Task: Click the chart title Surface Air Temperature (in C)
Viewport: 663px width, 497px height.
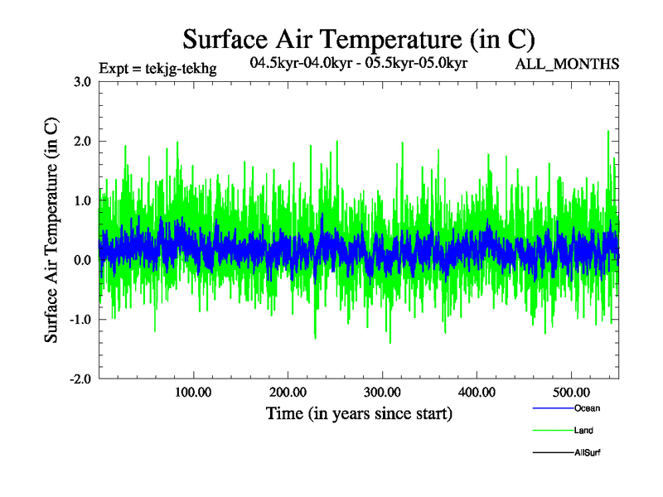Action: (x=358, y=39)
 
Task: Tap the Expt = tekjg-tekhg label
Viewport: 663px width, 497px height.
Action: (x=157, y=69)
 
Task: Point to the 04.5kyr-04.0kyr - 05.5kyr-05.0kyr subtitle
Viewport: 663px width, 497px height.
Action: (x=358, y=63)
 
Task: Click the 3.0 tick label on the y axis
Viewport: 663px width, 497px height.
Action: (x=82, y=81)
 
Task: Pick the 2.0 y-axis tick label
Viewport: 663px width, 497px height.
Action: (x=82, y=141)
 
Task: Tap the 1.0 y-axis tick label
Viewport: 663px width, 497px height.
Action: (x=82, y=200)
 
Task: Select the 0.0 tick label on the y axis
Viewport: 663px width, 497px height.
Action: (x=82, y=260)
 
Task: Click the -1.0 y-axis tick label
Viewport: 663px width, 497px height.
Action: (x=80, y=320)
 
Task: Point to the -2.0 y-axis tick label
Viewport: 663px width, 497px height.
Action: (x=80, y=379)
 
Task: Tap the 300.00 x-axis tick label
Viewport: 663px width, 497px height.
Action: (x=382, y=391)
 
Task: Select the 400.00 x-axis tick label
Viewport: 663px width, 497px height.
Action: (x=477, y=391)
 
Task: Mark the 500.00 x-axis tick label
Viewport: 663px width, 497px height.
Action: (x=571, y=391)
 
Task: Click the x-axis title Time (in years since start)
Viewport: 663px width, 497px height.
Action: (x=359, y=413)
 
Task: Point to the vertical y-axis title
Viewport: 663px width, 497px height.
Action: (x=51, y=230)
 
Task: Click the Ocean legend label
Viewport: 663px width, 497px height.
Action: (x=587, y=408)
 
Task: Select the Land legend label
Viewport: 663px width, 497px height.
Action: (x=583, y=431)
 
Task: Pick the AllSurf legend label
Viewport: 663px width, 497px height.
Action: (x=588, y=452)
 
